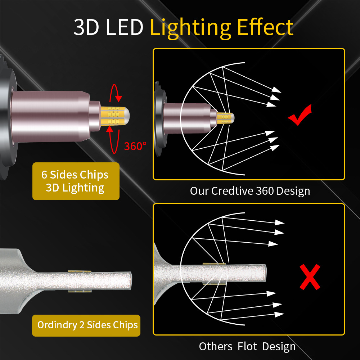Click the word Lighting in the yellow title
[x=190, y=28]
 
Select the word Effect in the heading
[x=265, y=27]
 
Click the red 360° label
[x=135, y=146]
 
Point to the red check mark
[x=300, y=115]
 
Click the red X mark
[x=310, y=276]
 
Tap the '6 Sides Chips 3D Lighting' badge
[x=76, y=181]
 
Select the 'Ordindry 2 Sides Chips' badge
[x=86, y=325]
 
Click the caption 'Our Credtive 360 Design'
[x=250, y=191]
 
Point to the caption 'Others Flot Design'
[x=247, y=346]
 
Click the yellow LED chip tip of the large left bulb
[x=115, y=116]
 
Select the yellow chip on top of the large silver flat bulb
[x=80, y=271]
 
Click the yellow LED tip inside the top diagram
[x=225, y=118]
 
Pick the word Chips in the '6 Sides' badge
[x=94, y=175]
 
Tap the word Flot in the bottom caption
[x=247, y=346]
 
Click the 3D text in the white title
[x=86, y=27]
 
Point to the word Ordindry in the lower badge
[x=57, y=325]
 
